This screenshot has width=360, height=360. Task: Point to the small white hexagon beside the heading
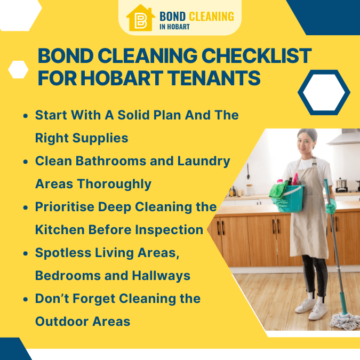(x=18, y=69)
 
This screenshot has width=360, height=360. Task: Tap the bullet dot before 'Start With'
(x=25, y=115)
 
